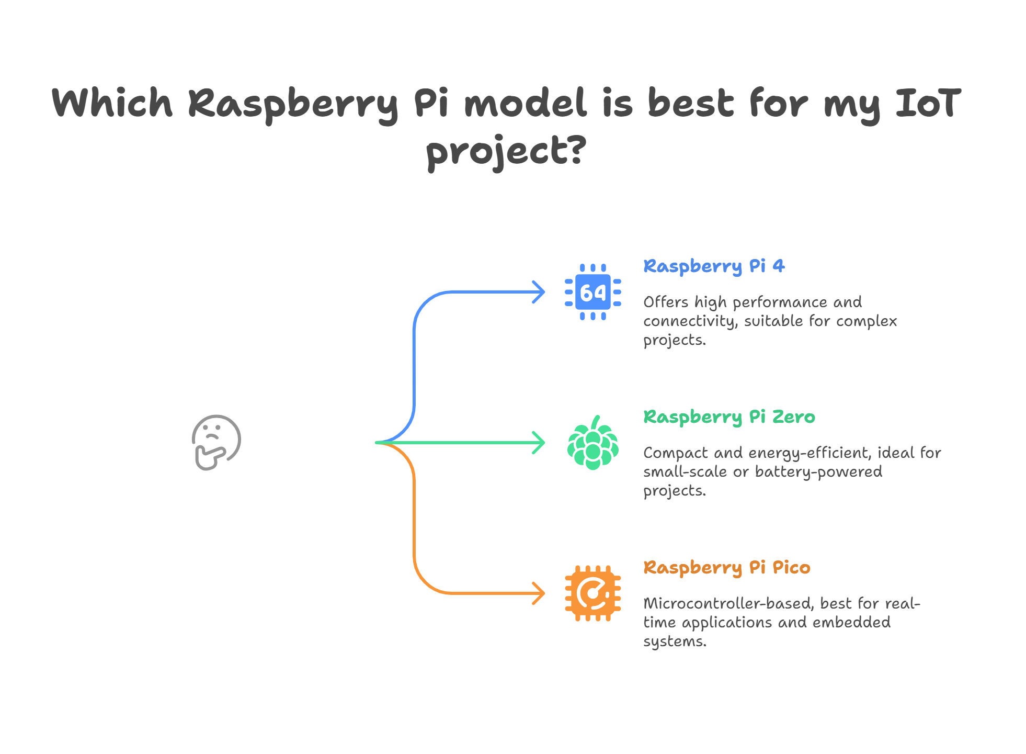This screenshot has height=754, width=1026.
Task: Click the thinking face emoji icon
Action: point(216,443)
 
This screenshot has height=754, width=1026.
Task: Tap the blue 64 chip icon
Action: point(593,292)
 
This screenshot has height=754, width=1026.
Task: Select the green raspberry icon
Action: point(593,443)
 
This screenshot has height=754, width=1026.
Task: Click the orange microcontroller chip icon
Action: point(593,593)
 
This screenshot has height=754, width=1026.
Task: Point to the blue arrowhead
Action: point(539,292)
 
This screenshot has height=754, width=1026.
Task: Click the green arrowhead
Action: point(539,443)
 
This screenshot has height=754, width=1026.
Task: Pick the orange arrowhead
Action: point(539,593)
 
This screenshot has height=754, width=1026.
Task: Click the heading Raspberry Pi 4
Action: point(714,266)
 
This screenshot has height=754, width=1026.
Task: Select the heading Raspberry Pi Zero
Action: point(729,417)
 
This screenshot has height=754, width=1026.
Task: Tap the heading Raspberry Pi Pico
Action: point(727,568)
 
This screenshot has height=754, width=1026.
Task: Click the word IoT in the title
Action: point(928,103)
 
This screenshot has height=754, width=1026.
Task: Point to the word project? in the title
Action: point(506,152)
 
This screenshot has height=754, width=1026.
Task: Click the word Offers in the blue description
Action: point(666,302)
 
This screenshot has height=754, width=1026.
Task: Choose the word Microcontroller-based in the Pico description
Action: point(728,603)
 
